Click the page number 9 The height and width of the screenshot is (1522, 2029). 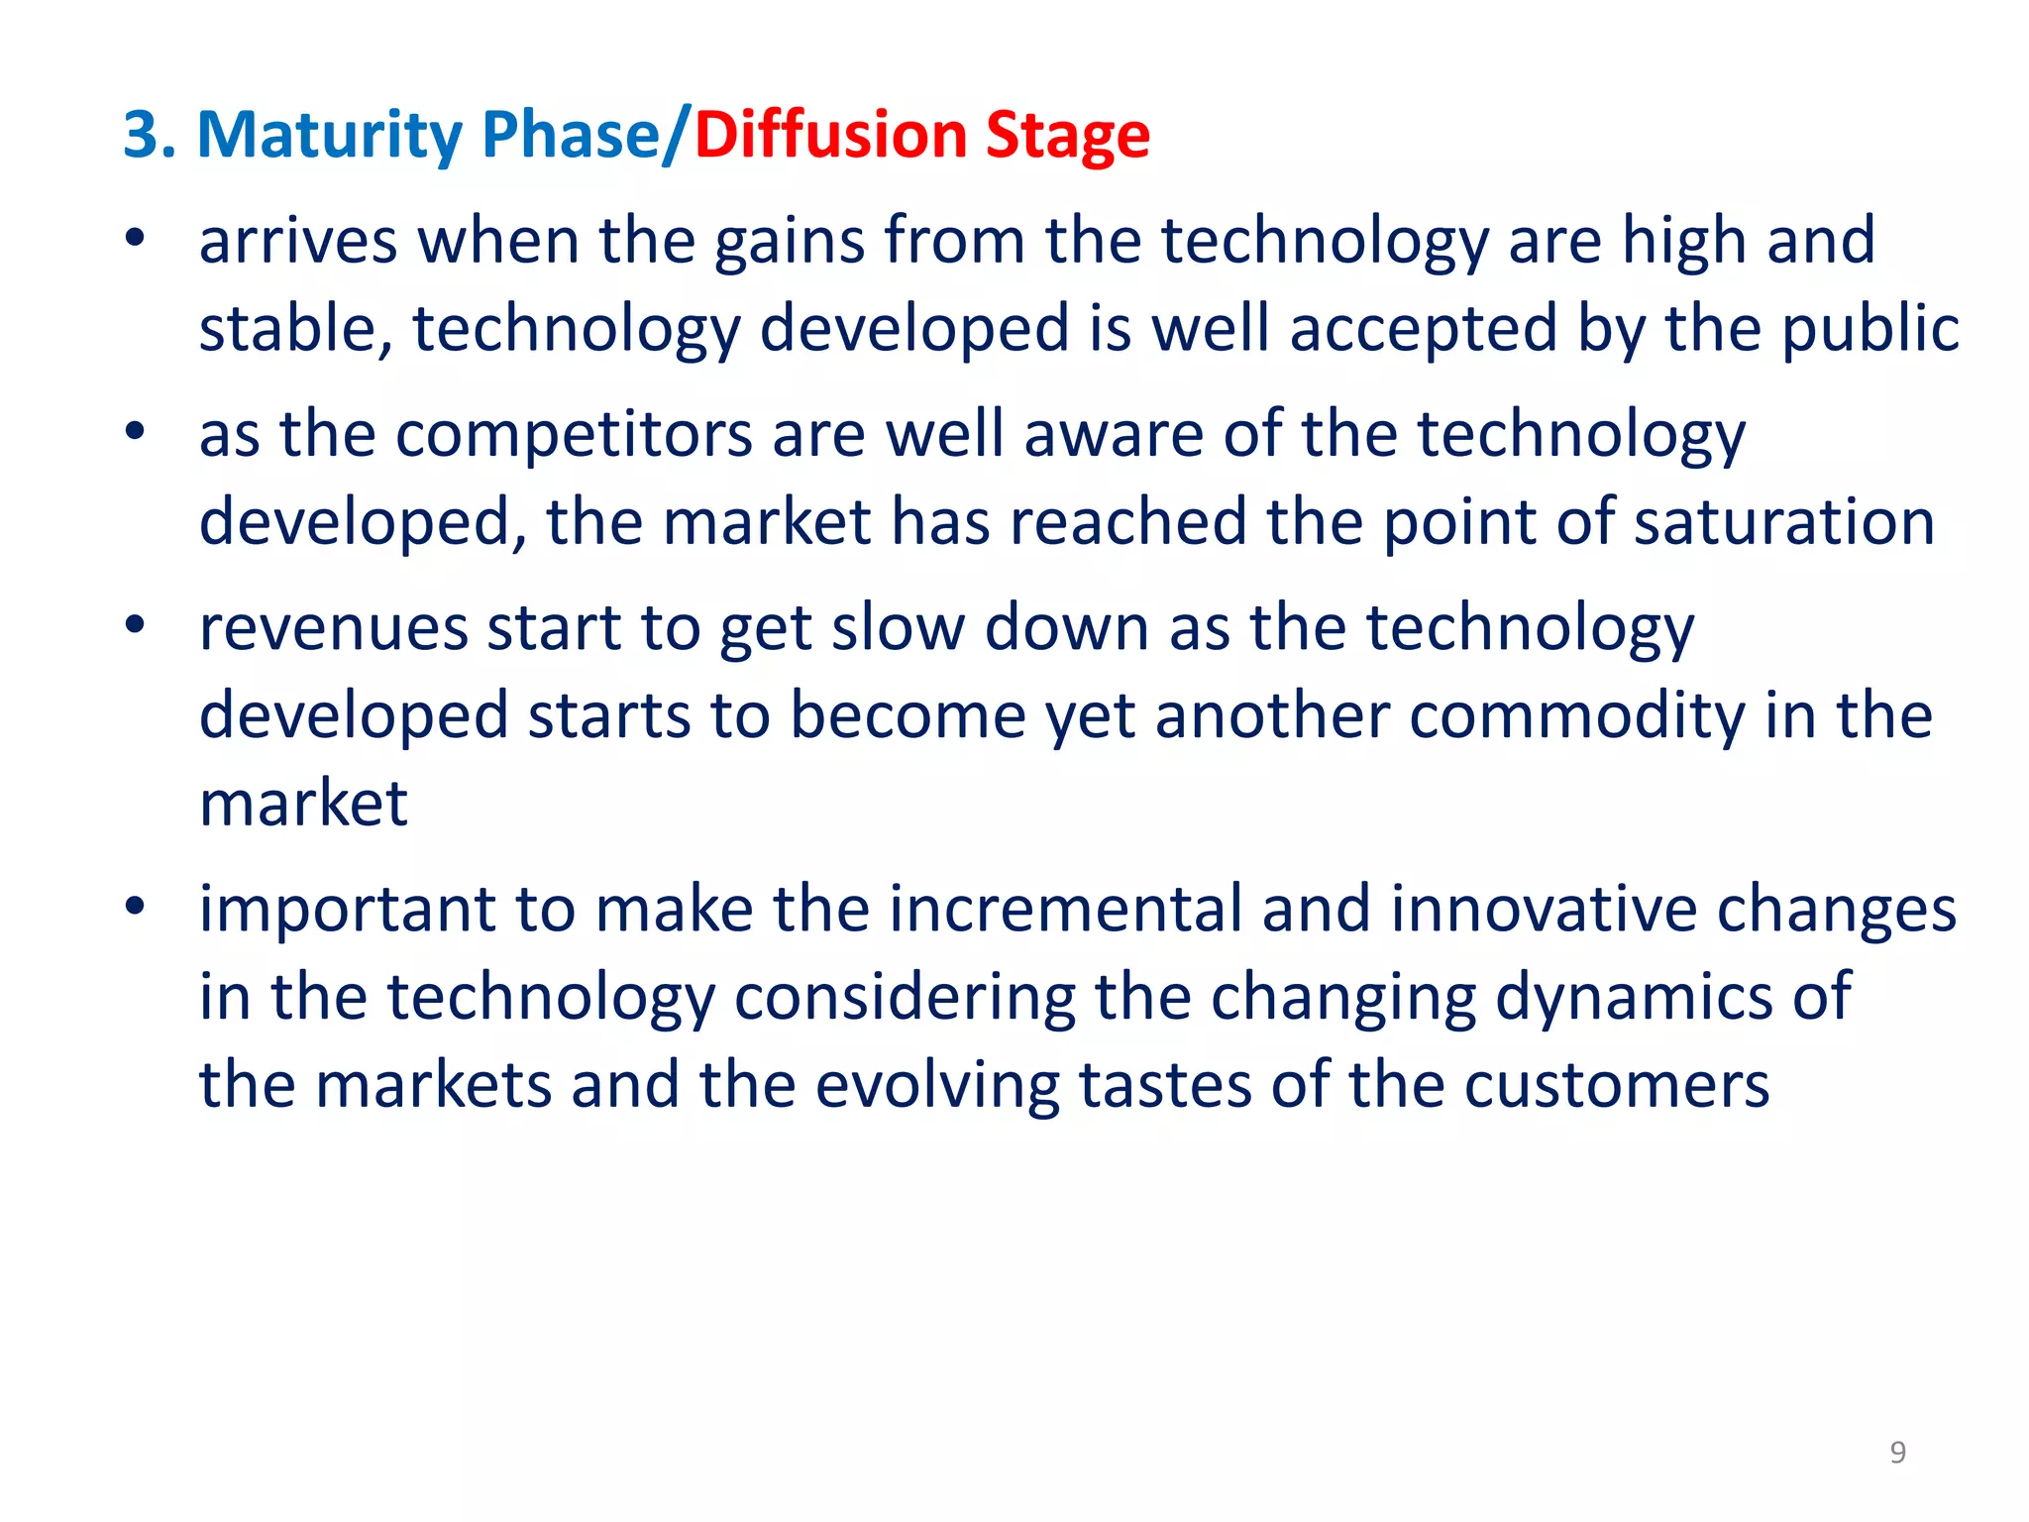(x=1897, y=1452)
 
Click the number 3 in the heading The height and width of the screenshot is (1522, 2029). (x=140, y=135)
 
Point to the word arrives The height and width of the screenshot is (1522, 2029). (x=298, y=241)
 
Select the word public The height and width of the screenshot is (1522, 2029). (x=1870, y=330)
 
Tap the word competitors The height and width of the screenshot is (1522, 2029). (x=574, y=435)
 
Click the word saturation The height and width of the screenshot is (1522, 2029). (x=1783, y=522)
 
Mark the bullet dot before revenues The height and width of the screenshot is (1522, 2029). (x=136, y=625)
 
